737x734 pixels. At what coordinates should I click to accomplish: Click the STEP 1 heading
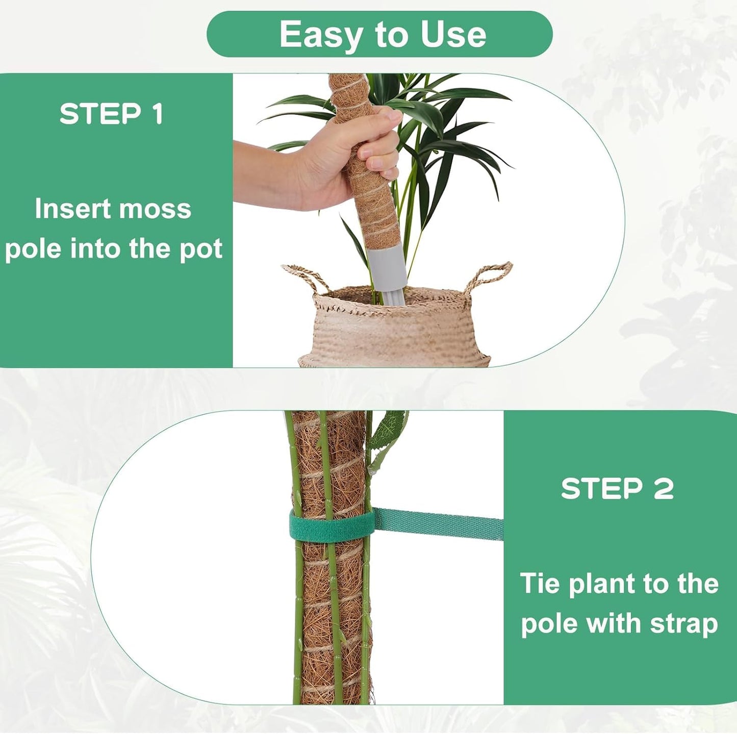pyautogui.click(x=111, y=114)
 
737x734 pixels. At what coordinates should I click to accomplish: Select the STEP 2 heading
pyautogui.click(x=617, y=489)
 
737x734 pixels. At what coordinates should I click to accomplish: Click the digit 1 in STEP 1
pyautogui.click(x=158, y=114)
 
